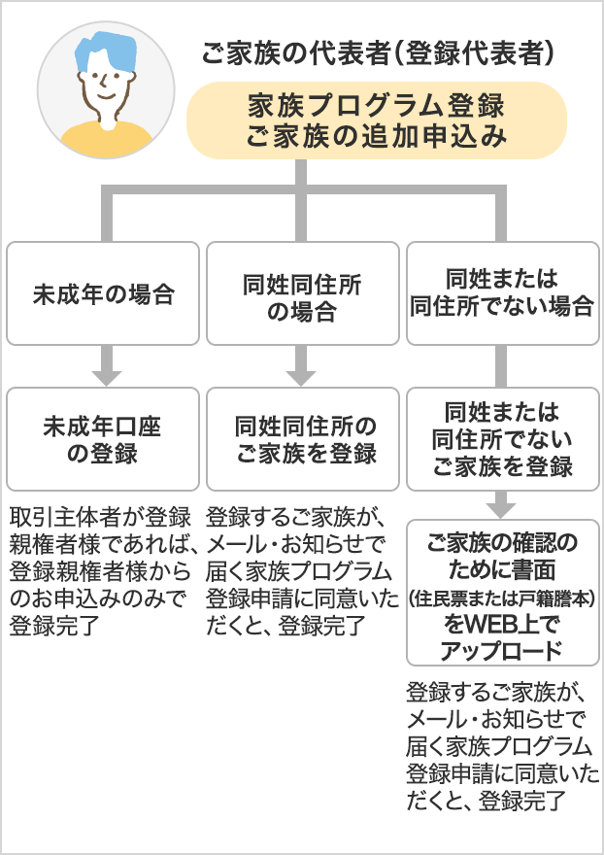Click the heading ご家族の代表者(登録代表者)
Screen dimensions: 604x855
pyautogui.click(x=378, y=52)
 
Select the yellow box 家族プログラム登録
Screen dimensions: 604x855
pyautogui.click(x=377, y=120)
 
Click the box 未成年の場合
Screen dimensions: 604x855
pyautogui.click(x=103, y=293)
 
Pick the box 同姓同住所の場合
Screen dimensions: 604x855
pyautogui.click(x=303, y=293)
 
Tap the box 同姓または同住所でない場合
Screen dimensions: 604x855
pyautogui.click(x=503, y=293)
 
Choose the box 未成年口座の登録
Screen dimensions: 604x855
pyautogui.click(x=103, y=439)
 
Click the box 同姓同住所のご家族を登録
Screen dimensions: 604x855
pyautogui.click(x=303, y=439)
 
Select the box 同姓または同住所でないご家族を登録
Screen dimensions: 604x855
pyautogui.click(x=503, y=439)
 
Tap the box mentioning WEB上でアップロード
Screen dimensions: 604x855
pyautogui.click(x=503, y=593)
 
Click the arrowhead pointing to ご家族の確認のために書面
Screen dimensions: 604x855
pyautogui.click(x=501, y=510)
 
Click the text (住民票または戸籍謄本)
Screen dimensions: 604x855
pyautogui.click(x=502, y=598)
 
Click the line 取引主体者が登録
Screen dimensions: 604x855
pyautogui.click(x=100, y=518)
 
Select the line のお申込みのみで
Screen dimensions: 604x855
pyautogui.click(x=97, y=598)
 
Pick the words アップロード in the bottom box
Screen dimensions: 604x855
pyautogui.click(x=501, y=651)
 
